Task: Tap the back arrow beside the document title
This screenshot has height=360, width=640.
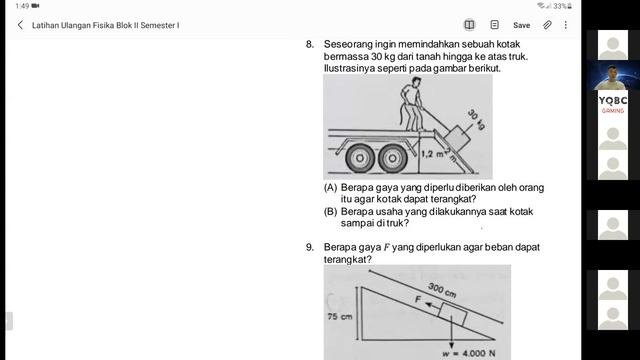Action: pos(20,25)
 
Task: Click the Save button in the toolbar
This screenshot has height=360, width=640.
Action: pos(521,25)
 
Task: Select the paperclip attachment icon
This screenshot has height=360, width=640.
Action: pos(547,25)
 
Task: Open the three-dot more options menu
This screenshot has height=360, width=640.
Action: pos(566,25)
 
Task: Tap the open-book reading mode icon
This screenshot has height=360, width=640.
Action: pos(469,25)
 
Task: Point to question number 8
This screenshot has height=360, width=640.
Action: pos(310,44)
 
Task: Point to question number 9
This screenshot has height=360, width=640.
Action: pos(310,247)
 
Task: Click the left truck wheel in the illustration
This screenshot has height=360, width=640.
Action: pos(360,158)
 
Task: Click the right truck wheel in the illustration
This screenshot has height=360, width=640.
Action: pos(393,158)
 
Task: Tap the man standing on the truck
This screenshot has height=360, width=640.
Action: pos(411,104)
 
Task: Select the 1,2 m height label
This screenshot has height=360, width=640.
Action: pos(432,154)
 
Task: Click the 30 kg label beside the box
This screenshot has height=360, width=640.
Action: pos(476,120)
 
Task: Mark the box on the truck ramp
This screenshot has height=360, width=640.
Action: pos(457,138)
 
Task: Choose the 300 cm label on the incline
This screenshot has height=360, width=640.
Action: pos(442,290)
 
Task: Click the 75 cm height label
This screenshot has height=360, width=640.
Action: pos(340,316)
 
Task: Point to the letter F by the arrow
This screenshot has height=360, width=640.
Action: pos(418,300)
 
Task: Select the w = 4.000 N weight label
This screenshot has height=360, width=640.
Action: pos(469,353)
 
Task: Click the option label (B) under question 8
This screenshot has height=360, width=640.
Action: pos(331,212)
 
